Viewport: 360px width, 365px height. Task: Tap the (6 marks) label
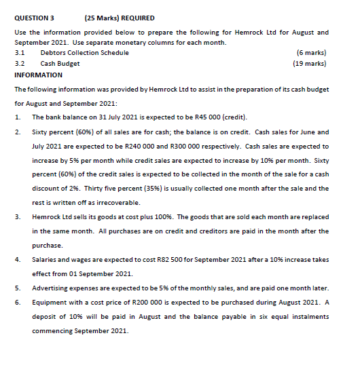click(312, 52)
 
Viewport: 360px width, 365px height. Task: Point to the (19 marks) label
click(310, 63)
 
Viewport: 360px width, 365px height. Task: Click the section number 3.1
click(20, 52)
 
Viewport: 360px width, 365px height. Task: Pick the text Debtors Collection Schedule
click(85, 52)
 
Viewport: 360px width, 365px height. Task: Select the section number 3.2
click(20, 63)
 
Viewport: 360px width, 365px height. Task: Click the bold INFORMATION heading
click(39, 75)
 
